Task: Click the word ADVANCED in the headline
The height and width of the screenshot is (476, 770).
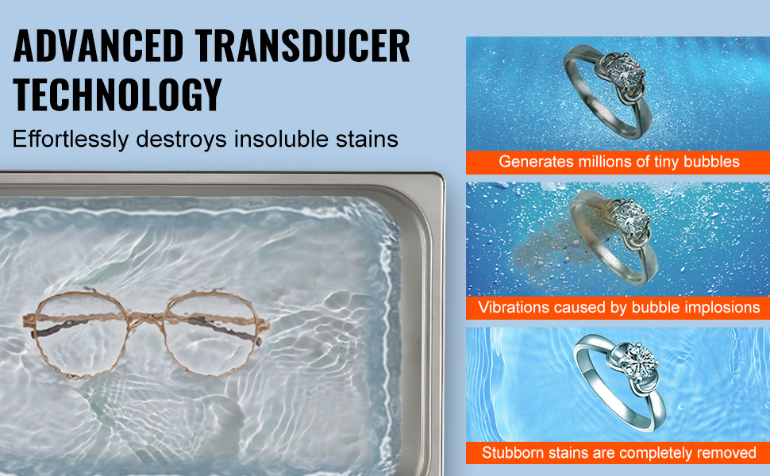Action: pos(98,46)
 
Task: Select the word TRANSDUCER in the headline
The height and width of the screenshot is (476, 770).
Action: pos(302,46)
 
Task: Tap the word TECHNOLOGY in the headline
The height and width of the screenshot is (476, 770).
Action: pos(117,94)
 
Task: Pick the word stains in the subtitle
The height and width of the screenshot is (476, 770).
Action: pos(367,140)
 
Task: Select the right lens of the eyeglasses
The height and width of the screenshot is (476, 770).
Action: pos(211,332)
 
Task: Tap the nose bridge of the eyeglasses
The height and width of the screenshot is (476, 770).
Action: pos(146,317)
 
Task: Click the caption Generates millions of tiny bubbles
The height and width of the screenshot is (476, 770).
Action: pos(618,162)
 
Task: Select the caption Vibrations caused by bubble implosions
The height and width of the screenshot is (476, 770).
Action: pos(618,307)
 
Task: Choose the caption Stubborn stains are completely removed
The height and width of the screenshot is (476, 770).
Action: pos(618,452)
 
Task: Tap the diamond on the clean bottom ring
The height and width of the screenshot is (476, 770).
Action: pos(638,362)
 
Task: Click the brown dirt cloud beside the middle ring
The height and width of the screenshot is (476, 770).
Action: pos(545,245)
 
